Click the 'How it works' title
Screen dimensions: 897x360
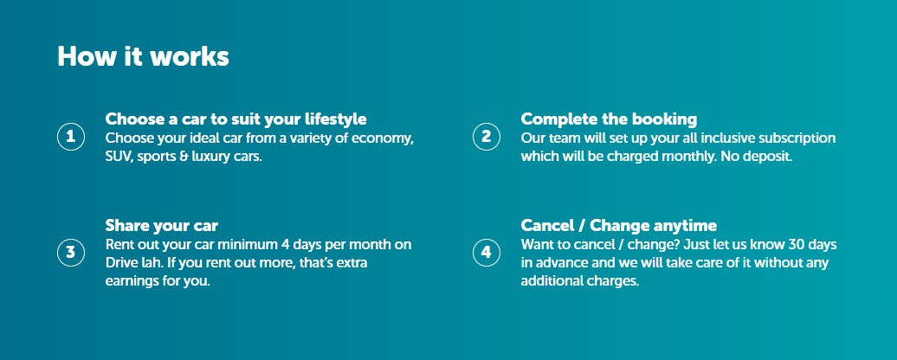pyautogui.click(x=143, y=56)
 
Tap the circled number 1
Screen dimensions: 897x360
pyautogui.click(x=71, y=137)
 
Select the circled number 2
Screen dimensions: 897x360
pyautogui.click(x=487, y=137)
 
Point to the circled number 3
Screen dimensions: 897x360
pyautogui.click(x=71, y=253)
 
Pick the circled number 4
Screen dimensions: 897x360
pyautogui.click(x=487, y=253)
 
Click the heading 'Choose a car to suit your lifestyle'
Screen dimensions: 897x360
pyautogui.click(x=236, y=119)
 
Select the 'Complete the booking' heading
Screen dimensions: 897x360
pyautogui.click(x=609, y=119)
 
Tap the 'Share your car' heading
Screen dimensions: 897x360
pyautogui.click(x=162, y=226)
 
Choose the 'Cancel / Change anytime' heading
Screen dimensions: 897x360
pyautogui.click(x=618, y=226)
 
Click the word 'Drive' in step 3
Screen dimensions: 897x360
pyautogui.click(x=119, y=263)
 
